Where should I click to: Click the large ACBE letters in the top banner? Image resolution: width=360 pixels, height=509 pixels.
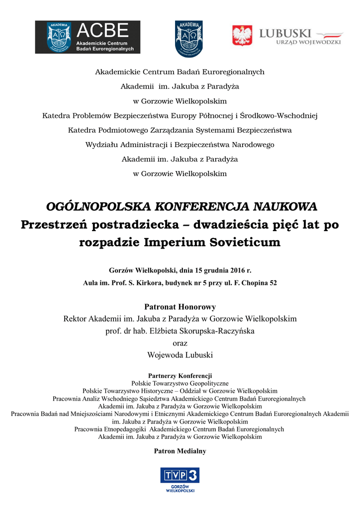click(x=102, y=30)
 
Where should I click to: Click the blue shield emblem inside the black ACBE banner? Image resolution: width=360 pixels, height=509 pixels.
click(x=59, y=37)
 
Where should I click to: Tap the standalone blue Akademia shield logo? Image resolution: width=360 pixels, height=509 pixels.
click(x=188, y=38)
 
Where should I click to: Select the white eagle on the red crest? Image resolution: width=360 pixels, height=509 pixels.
click(x=242, y=36)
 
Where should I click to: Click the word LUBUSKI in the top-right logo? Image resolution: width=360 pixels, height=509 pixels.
click(x=285, y=33)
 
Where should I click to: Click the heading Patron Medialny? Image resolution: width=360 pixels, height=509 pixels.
click(x=180, y=451)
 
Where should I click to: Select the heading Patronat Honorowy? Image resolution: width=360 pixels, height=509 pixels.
click(x=180, y=307)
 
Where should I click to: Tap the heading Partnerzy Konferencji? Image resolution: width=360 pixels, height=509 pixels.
click(x=180, y=375)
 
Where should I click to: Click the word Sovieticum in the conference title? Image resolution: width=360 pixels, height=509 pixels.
click(x=251, y=243)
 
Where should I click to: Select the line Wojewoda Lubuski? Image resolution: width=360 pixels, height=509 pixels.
click(x=180, y=355)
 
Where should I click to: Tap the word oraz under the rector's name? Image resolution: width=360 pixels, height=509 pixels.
click(x=180, y=343)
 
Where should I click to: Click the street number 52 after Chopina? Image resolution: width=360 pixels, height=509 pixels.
click(x=272, y=283)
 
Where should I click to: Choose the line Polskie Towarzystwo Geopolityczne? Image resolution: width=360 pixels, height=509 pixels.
click(x=180, y=383)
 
